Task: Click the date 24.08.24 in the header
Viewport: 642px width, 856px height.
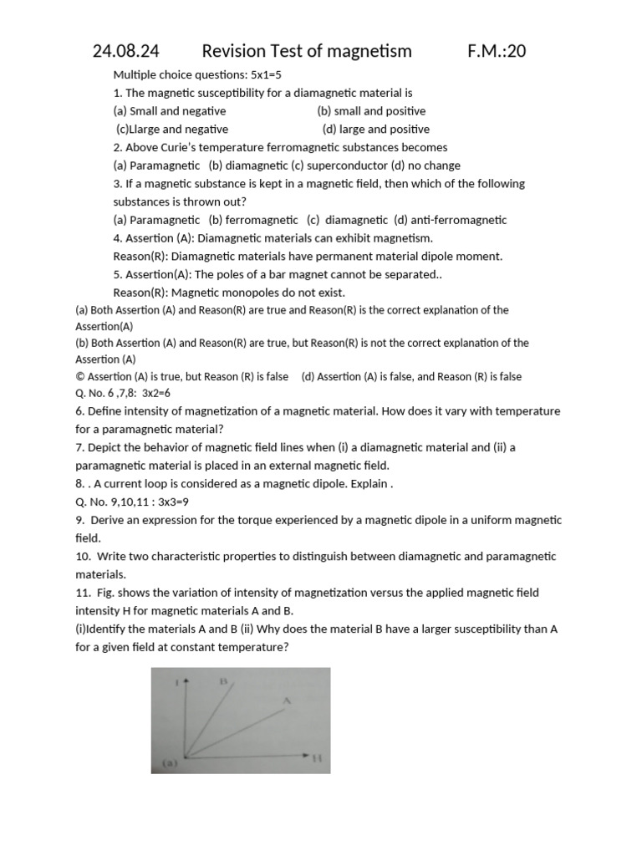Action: tap(125, 52)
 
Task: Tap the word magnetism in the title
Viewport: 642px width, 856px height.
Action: tap(371, 52)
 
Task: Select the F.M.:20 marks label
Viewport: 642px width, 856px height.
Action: tap(497, 52)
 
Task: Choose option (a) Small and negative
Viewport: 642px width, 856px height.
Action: tap(170, 111)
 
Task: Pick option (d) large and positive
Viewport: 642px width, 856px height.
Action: tap(376, 130)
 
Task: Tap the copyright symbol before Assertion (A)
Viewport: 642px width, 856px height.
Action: tap(79, 377)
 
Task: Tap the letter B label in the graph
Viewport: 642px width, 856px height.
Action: tap(224, 681)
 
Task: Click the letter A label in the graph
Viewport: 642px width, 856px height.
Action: tap(287, 701)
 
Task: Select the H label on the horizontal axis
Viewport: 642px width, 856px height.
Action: tap(317, 758)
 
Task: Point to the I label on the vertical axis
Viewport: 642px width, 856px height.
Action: tap(176, 683)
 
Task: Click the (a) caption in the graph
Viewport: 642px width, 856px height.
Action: tap(167, 762)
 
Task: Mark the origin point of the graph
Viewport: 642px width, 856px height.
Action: tap(185, 757)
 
